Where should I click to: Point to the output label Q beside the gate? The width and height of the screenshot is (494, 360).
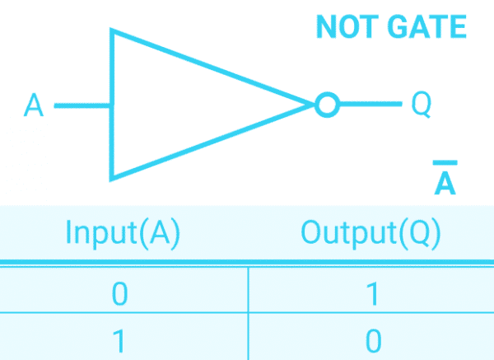(421, 105)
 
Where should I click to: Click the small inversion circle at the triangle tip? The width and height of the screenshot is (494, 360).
(327, 105)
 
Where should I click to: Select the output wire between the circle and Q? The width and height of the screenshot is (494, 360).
(369, 105)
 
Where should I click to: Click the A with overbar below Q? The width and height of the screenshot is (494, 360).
(445, 185)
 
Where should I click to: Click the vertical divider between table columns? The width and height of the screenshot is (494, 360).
(248, 313)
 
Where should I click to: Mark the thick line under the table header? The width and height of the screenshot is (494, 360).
(247, 263)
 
